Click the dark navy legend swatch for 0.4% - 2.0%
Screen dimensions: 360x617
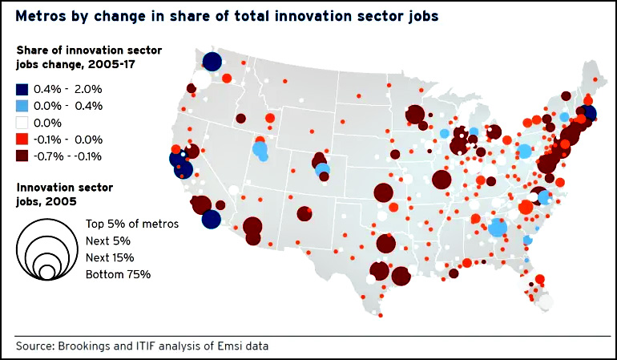pyautogui.click(x=22, y=89)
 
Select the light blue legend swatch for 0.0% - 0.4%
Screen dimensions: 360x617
pyautogui.click(x=22, y=106)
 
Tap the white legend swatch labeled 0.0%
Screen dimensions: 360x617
pyautogui.click(x=22, y=123)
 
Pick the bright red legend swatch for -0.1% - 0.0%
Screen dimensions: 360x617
pyautogui.click(x=22, y=139)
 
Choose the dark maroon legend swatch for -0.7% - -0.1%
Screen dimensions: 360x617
pyautogui.click(x=22, y=156)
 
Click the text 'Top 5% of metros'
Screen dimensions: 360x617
pyautogui.click(x=131, y=224)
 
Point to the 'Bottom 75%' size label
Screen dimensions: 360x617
pyautogui.click(x=118, y=274)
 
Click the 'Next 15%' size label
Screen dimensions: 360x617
pyautogui.click(x=109, y=257)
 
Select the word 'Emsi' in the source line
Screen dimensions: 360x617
pyautogui.click(x=231, y=346)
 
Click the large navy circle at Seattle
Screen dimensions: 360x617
pyautogui.click(x=212, y=62)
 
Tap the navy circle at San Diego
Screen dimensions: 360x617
pyautogui.click(x=211, y=219)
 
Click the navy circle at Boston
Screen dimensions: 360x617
pyautogui.click(x=589, y=113)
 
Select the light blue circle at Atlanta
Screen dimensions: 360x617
pyautogui.click(x=498, y=228)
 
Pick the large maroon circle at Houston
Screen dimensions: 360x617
pyautogui.click(x=401, y=276)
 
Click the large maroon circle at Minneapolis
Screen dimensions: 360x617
pyautogui.click(x=414, y=115)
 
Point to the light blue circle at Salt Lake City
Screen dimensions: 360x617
pyautogui.click(x=260, y=148)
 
